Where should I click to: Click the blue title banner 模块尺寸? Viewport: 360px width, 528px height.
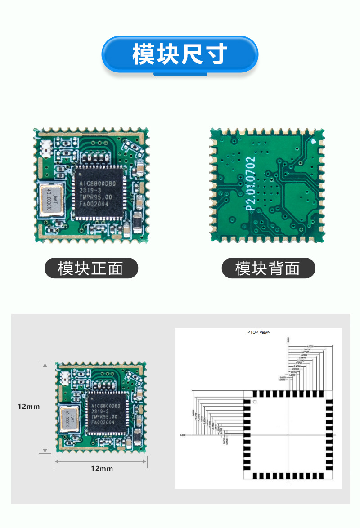click(x=180, y=54)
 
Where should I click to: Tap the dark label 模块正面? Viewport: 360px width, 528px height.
click(x=91, y=268)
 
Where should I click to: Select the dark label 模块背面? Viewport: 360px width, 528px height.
click(x=268, y=268)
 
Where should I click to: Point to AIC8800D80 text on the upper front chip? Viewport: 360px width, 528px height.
click(x=98, y=184)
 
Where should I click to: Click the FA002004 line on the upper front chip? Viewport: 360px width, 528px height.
click(x=95, y=204)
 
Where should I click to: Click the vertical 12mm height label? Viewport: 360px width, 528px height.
click(x=29, y=407)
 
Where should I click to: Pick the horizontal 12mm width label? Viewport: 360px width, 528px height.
click(x=102, y=469)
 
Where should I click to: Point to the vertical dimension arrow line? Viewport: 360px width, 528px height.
click(x=45, y=407)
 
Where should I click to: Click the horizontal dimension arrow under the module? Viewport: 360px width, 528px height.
click(x=101, y=460)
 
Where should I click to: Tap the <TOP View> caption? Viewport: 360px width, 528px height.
click(x=259, y=332)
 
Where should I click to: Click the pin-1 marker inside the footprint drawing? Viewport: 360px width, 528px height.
click(x=255, y=401)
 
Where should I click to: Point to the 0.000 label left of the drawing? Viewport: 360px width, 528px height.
click(x=182, y=435)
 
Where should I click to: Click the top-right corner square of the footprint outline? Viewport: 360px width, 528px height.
click(x=329, y=394)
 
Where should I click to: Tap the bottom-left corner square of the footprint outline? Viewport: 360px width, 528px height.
click(x=247, y=476)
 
